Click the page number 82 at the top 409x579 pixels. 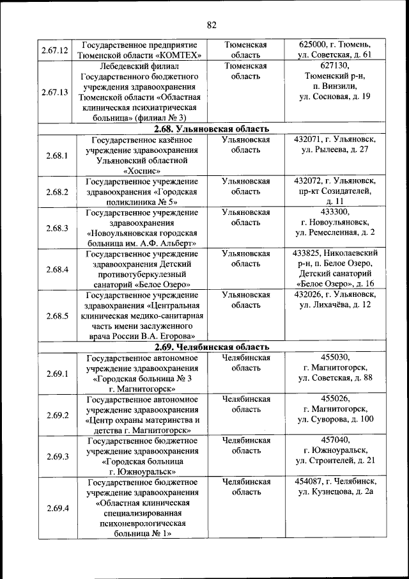(x=212, y=25)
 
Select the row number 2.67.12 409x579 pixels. (x=54, y=50)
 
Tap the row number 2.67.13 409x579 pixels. (x=54, y=91)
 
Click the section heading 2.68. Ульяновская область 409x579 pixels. (x=212, y=129)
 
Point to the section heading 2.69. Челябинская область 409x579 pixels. (x=212, y=347)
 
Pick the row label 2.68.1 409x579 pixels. (x=57, y=155)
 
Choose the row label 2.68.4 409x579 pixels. (x=57, y=269)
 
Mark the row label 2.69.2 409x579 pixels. (x=57, y=415)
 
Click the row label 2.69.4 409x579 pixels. (x=57, y=508)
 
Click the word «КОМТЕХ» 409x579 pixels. (x=178, y=55)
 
